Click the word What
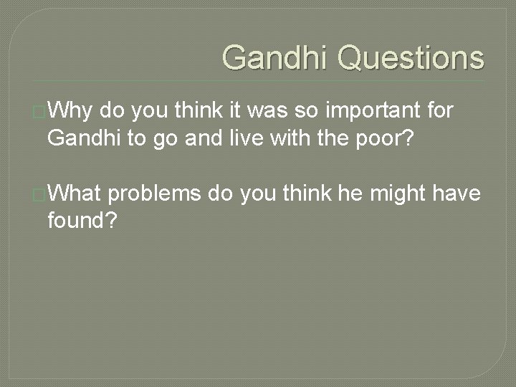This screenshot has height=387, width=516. click(x=80, y=193)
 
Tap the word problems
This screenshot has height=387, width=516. click(x=158, y=193)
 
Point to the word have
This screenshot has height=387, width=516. click(x=457, y=193)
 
